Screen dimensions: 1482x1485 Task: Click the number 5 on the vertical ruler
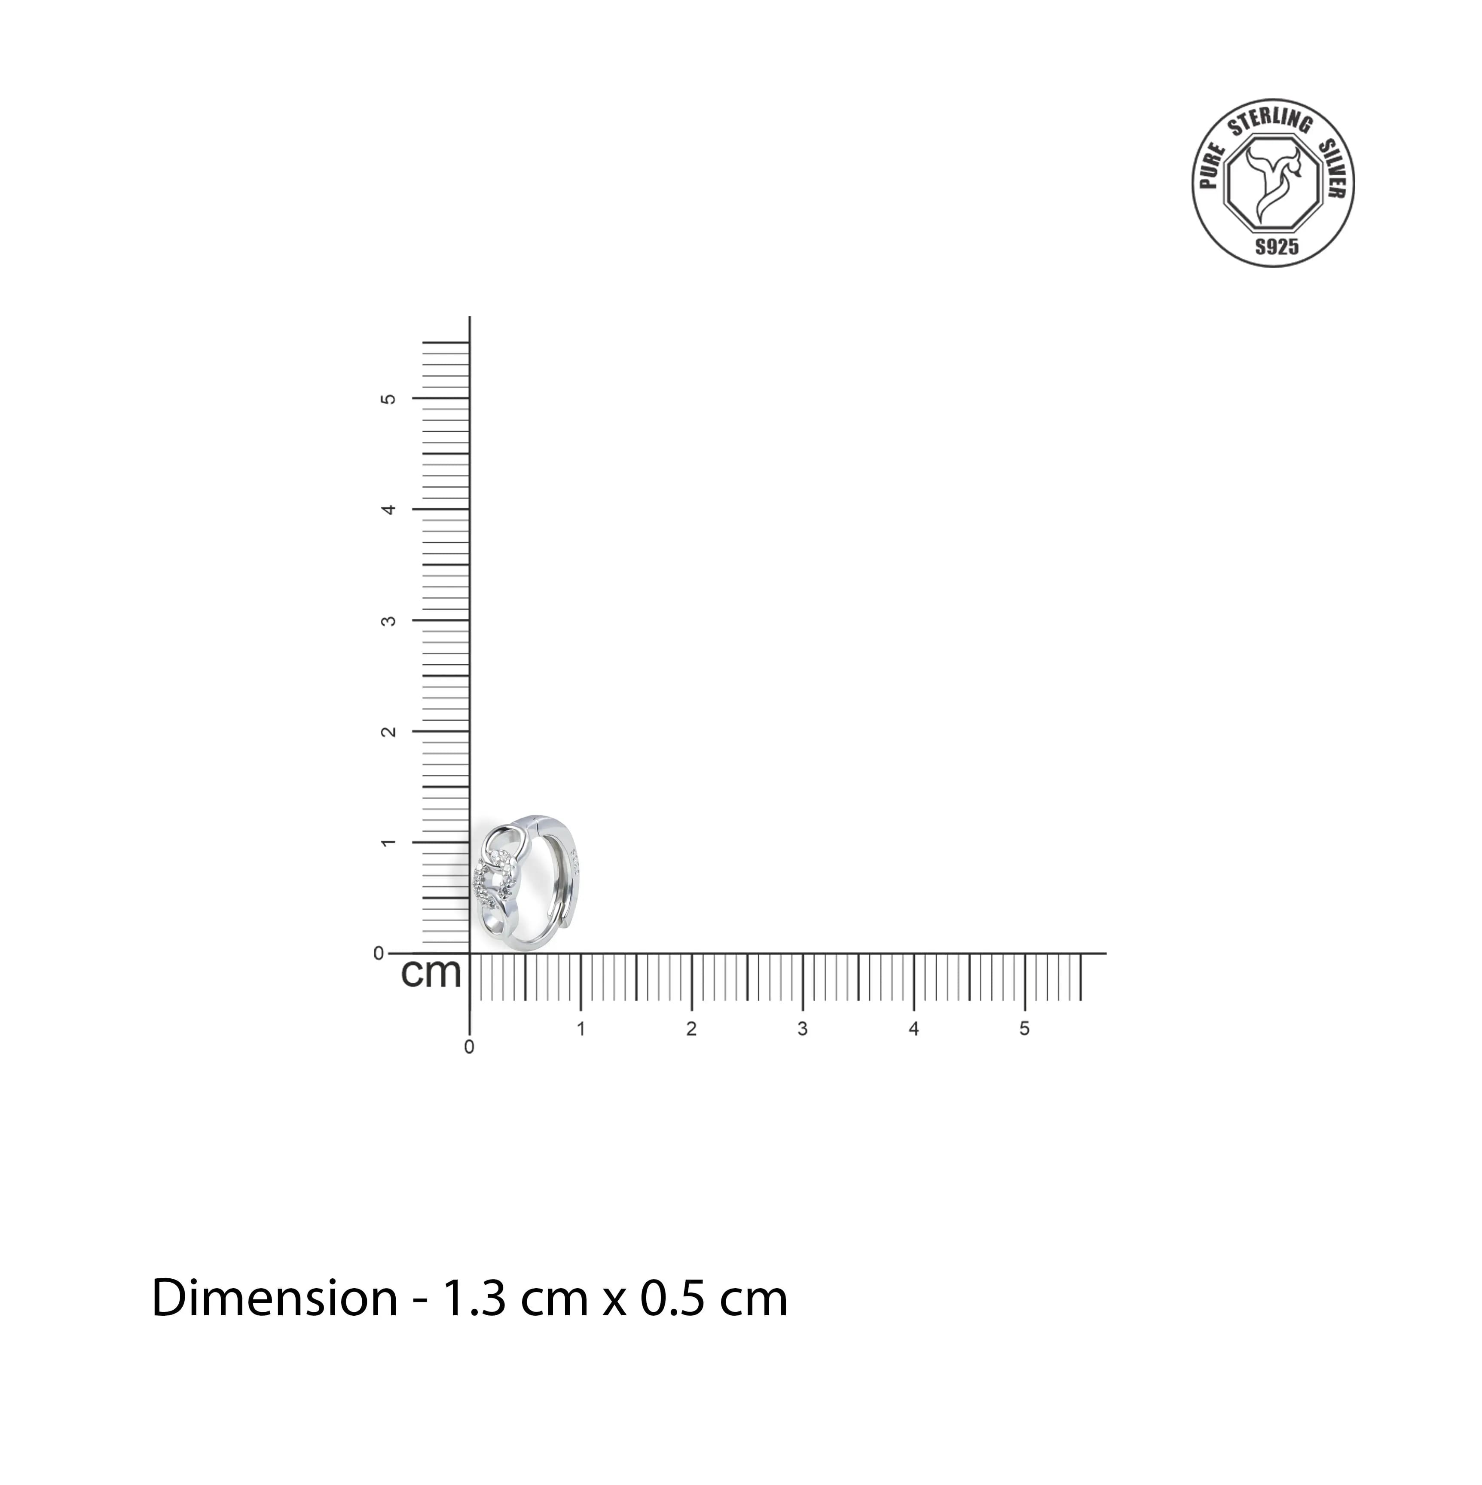(389, 399)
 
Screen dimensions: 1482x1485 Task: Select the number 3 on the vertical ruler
(389, 620)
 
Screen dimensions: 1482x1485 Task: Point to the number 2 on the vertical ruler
(389, 731)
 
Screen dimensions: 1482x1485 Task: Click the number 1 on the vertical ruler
(389, 843)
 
